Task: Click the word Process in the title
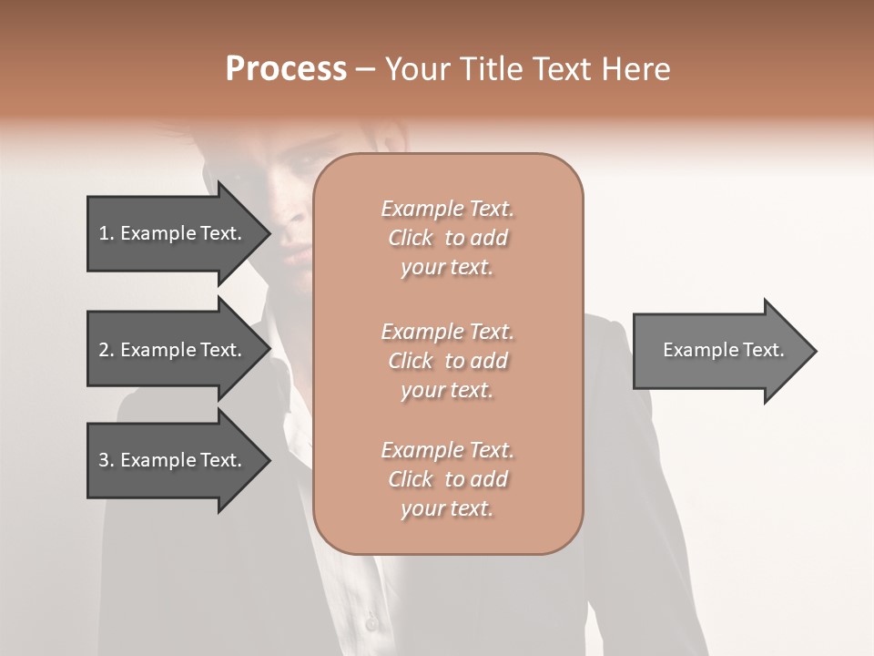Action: (286, 69)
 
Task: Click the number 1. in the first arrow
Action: (107, 233)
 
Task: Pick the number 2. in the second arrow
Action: (107, 350)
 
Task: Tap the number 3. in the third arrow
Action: (107, 460)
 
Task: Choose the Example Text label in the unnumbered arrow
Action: (724, 350)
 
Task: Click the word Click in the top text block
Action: (411, 238)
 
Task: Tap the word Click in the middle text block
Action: (411, 361)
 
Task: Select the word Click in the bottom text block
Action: (411, 479)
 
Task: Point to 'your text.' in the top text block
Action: (447, 268)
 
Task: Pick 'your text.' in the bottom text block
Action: (447, 509)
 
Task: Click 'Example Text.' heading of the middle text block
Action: (447, 332)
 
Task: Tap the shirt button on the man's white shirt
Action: (371, 623)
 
